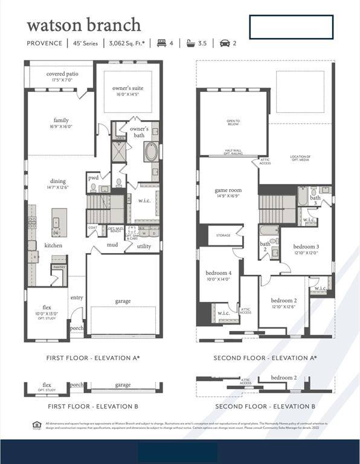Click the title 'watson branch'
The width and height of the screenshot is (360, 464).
[x=84, y=25]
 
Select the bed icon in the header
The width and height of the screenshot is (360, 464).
[x=161, y=43]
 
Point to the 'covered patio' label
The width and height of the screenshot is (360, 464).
[x=63, y=74]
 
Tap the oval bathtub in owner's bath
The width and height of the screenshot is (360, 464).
[x=150, y=151]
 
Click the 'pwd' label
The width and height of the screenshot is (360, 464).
[x=93, y=179]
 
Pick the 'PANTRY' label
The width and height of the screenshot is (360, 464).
[x=59, y=267]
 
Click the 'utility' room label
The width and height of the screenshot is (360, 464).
[x=144, y=246]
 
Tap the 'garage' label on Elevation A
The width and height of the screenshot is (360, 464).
[x=123, y=301]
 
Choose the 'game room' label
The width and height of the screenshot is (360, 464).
[x=228, y=190]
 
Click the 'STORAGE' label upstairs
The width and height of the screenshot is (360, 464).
[x=223, y=236]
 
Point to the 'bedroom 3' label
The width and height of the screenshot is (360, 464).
[x=306, y=246]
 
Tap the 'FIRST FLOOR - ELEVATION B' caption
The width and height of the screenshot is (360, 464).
[x=92, y=407]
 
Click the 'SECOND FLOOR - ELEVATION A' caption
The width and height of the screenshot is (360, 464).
[x=265, y=358]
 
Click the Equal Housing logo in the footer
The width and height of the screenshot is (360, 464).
[x=36, y=425]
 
